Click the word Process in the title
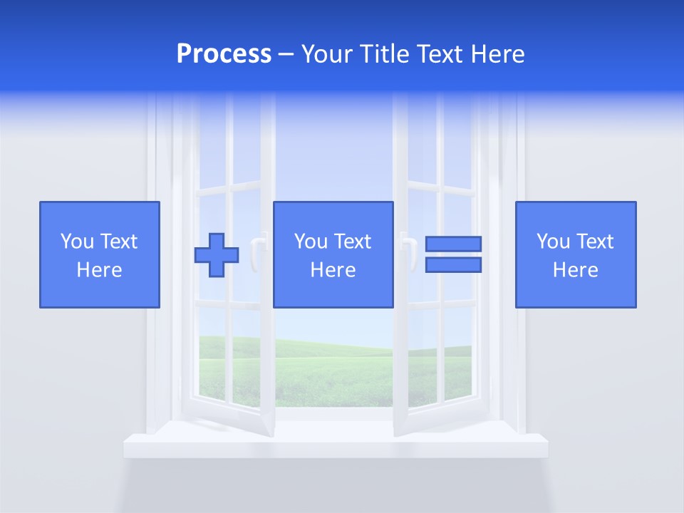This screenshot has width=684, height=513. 224,54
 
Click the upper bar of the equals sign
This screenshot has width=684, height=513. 453,244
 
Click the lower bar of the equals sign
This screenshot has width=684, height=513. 453,265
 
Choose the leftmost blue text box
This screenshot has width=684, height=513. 99,254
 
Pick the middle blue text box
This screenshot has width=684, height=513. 333,254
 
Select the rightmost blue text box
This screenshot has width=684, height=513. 575,254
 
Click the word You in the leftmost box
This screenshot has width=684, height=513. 77,242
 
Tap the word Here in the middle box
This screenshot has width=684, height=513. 333,270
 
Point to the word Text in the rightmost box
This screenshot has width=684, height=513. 594,242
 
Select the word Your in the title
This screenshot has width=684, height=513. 326,54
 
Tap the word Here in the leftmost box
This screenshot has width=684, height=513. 99,270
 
